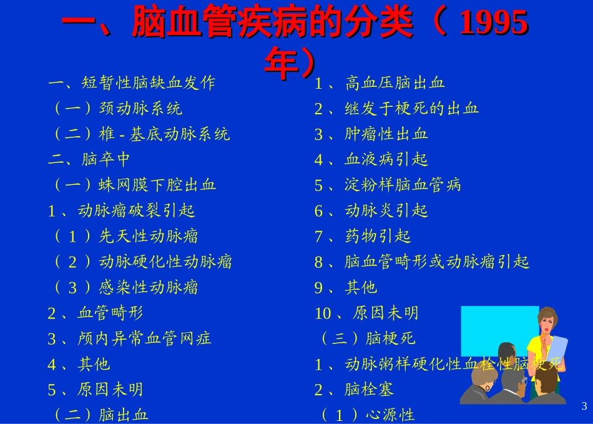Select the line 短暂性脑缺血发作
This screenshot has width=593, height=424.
click(x=132, y=82)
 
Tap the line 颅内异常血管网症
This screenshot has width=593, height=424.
click(x=130, y=338)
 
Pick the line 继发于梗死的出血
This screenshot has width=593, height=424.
click(x=396, y=108)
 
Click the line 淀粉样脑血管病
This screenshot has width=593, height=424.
click(x=388, y=185)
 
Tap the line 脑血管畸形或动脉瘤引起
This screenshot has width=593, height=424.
click(x=422, y=262)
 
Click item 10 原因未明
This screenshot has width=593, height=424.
click(x=366, y=313)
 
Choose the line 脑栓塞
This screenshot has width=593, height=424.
click(x=355, y=390)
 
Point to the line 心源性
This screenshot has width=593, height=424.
click(x=368, y=415)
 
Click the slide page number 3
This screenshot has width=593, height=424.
click(x=584, y=407)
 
